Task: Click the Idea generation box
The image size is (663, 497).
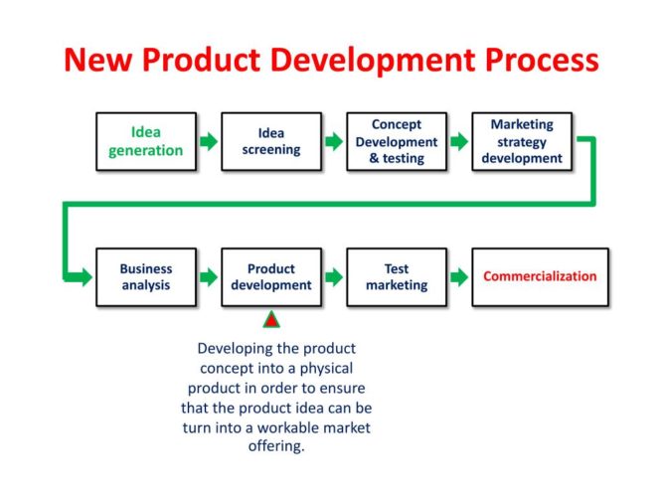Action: point(145,141)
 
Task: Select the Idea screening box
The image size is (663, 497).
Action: point(271,141)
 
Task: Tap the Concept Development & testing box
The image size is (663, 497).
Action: point(397,141)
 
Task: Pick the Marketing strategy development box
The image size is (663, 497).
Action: point(522,141)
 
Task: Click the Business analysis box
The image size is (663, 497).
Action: point(145,277)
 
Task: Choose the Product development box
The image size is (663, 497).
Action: point(271,277)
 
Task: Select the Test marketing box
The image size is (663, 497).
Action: point(397,277)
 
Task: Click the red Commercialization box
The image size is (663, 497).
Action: point(540,277)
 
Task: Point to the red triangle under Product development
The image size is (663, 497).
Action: point(270,320)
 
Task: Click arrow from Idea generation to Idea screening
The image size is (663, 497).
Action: point(208,141)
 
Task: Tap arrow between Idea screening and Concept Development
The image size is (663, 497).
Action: point(333,141)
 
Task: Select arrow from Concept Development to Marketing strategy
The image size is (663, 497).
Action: point(459,141)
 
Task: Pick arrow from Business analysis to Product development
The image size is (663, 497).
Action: point(208,277)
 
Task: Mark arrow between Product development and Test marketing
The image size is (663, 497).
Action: point(333,277)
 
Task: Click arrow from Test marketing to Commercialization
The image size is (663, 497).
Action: point(459,277)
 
